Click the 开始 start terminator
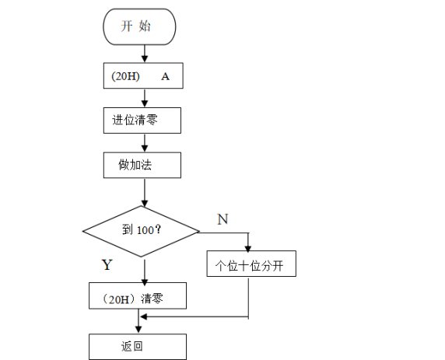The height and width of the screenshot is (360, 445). (x=139, y=26)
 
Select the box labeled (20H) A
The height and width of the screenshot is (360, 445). (x=143, y=75)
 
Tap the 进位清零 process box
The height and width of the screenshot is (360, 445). (x=142, y=121)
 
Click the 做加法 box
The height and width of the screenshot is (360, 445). (x=142, y=165)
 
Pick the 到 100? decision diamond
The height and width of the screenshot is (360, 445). (x=141, y=232)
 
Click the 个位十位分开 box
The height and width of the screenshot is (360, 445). (x=251, y=264)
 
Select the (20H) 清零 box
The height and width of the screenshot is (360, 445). (x=138, y=295)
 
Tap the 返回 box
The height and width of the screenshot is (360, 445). (x=138, y=347)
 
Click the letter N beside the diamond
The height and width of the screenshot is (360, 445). (x=223, y=219)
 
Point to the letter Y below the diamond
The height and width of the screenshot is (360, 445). (x=107, y=264)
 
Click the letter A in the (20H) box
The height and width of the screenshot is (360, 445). (x=165, y=76)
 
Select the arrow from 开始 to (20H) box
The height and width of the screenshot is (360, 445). (x=145, y=54)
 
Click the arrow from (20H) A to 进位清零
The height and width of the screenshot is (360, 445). (x=145, y=98)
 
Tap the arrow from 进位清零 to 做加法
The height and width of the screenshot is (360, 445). (x=145, y=143)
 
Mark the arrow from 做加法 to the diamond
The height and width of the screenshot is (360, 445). (x=145, y=193)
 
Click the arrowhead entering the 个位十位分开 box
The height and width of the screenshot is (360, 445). (x=248, y=248)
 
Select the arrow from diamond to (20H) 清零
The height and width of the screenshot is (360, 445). (x=145, y=271)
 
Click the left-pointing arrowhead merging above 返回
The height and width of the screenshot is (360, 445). (x=144, y=316)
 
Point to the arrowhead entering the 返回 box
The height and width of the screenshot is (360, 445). (x=138, y=329)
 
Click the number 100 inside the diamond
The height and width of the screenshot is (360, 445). (x=145, y=230)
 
